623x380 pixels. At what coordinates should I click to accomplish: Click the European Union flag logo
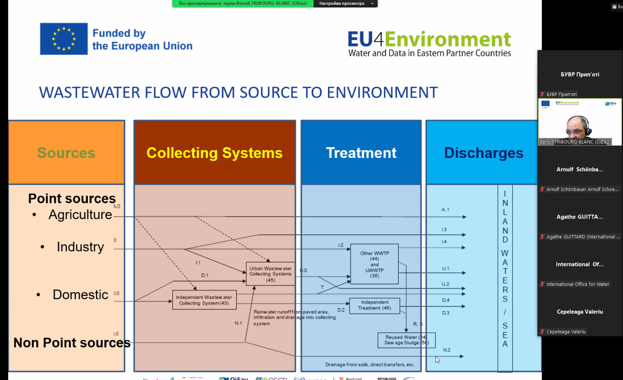pyautogui.click(x=64, y=39)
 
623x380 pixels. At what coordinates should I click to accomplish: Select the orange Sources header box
pyautogui.click(x=66, y=153)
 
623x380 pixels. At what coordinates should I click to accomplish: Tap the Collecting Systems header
pyautogui.click(x=215, y=153)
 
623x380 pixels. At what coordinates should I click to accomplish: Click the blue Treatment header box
pyautogui.click(x=361, y=153)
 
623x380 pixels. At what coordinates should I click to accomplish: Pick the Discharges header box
pyautogui.click(x=483, y=153)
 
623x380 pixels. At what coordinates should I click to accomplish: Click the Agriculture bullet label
pyautogui.click(x=80, y=215)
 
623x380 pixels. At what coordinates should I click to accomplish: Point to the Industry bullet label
pyautogui.click(x=80, y=247)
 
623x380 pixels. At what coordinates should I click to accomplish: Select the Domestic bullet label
pyautogui.click(x=80, y=294)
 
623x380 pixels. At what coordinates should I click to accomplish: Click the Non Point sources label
pyautogui.click(x=72, y=343)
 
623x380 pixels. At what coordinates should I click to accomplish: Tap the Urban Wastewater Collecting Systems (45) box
pyautogui.click(x=270, y=274)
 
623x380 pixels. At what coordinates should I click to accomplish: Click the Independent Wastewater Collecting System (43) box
pyautogui.click(x=204, y=300)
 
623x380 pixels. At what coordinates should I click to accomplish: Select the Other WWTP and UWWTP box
pyautogui.click(x=374, y=264)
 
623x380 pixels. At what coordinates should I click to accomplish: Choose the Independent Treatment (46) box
pyautogui.click(x=374, y=305)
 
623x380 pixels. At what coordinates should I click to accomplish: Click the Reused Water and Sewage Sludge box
pyautogui.click(x=406, y=340)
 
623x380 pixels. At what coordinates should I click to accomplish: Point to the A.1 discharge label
pyautogui.click(x=445, y=209)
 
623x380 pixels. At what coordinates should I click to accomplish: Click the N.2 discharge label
pyautogui.click(x=447, y=350)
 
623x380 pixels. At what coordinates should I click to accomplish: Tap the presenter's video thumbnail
pyautogui.click(x=579, y=122)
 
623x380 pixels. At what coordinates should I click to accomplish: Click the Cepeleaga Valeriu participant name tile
pyautogui.click(x=580, y=312)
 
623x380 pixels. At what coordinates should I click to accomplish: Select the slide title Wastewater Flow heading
pyautogui.click(x=238, y=92)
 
